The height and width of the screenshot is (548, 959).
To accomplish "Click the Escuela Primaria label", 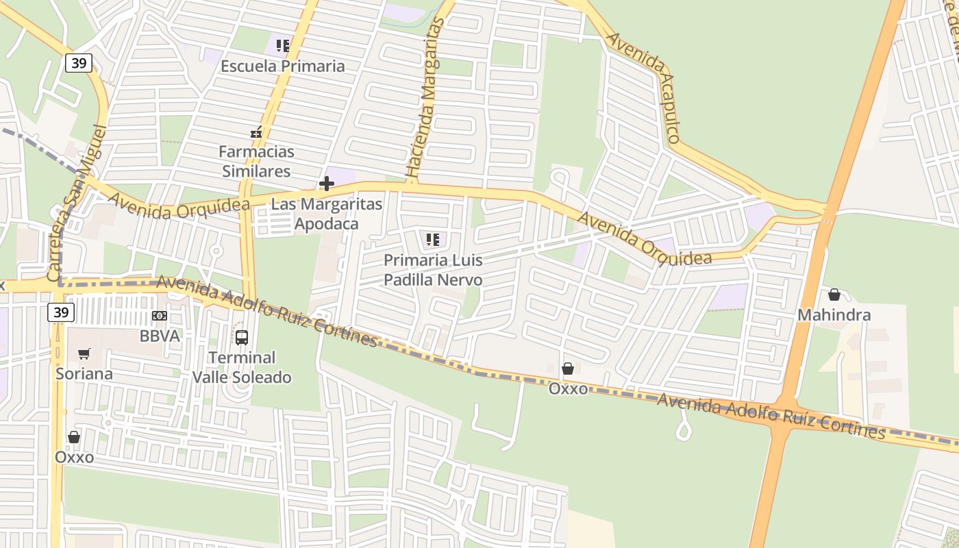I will pos(282,66).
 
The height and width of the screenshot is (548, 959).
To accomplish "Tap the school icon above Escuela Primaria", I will pos(282,46).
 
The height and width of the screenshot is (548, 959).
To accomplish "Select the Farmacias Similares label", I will pos(256,161).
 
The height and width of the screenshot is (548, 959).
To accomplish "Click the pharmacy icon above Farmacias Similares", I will pos(256,132).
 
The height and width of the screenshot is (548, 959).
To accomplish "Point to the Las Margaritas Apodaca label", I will pos(326,214).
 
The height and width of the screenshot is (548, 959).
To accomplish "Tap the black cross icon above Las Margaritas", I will pos(327,184).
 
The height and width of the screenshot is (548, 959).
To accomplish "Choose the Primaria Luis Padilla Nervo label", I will pos(433,270).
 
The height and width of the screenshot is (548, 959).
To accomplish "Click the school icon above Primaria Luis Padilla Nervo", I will pos(433,240).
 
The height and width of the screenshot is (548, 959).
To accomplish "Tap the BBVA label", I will pos(159,336).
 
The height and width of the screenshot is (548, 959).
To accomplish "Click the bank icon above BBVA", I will pos(159,316).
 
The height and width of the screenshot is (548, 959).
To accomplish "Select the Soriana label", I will pos(84,374).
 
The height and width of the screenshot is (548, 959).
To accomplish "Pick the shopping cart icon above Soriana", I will pos(84,354).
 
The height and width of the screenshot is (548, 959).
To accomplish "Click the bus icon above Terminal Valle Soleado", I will pos(242,337).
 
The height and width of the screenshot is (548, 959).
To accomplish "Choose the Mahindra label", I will pos(834,315).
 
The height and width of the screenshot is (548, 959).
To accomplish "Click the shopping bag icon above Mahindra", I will pos(834,295).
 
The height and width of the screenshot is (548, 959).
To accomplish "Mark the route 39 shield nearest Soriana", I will pos(61,313).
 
